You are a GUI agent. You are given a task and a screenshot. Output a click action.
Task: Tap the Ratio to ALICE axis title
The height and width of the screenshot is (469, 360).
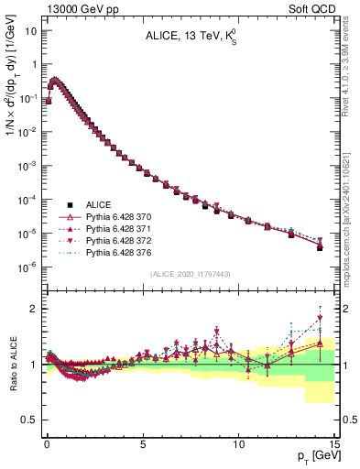click(x=13, y=364)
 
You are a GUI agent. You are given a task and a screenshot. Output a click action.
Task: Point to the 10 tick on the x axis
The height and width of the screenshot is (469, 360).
click(x=238, y=442)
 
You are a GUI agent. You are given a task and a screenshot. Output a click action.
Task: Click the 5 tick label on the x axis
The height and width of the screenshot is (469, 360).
click(x=142, y=442)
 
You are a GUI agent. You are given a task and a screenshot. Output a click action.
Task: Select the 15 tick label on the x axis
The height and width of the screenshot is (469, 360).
click(x=333, y=442)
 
